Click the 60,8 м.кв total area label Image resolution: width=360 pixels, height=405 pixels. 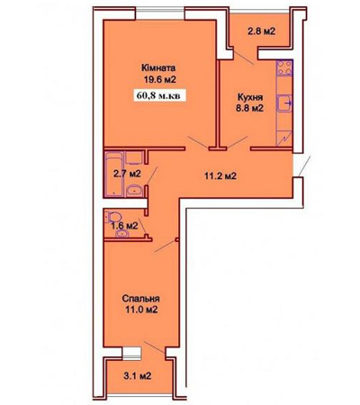[x=158, y=95]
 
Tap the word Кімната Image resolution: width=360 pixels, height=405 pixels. [x=158, y=68]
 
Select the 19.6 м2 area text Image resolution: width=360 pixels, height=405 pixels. [x=159, y=79]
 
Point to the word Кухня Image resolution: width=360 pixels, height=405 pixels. [x=250, y=97]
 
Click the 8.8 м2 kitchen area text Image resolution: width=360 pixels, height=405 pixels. [x=249, y=108]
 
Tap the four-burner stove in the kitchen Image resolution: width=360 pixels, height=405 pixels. [x=284, y=67]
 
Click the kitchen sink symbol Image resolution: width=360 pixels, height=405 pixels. [x=284, y=103]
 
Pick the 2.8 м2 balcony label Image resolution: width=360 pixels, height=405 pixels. [x=261, y=31]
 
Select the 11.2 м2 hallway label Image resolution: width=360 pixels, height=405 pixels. [x=220, y=176]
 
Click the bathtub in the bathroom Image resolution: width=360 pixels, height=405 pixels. [x=114, y=174]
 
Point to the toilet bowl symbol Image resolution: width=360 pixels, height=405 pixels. [x=113, y=217]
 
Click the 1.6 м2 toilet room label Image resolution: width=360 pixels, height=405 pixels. [x=124, y=226]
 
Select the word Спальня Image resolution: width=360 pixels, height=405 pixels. [x=141, y=299]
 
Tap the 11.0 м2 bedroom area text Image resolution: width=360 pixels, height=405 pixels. [x=141, y=310]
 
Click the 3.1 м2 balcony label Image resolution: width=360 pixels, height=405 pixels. [x=137, y=375]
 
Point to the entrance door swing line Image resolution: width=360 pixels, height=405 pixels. [x=305, y=166]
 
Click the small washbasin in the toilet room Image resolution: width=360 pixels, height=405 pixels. [x=122, y=233]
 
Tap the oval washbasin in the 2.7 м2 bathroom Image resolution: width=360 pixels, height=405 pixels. [x=134, y=191]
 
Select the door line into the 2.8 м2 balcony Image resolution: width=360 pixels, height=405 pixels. [x=243, y=58]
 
